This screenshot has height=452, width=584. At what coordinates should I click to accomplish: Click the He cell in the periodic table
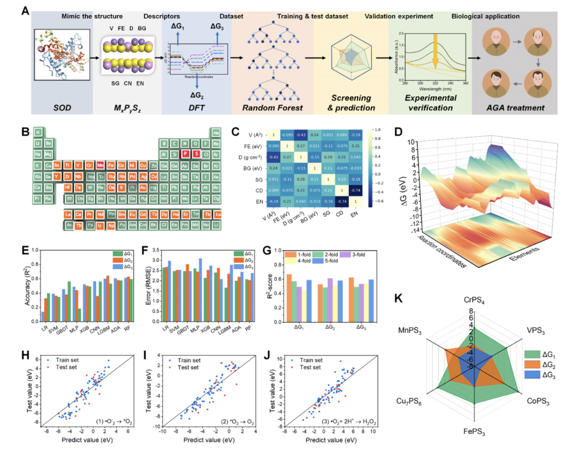tap(216, 132)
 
